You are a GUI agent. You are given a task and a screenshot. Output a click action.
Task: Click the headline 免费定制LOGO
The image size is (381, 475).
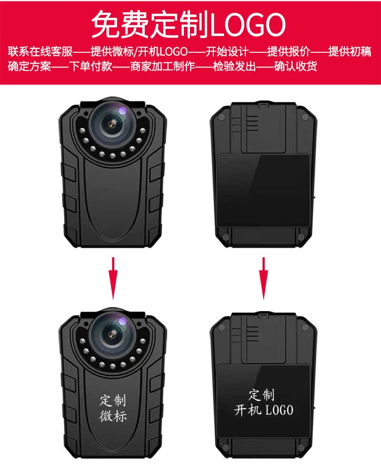[188, 24]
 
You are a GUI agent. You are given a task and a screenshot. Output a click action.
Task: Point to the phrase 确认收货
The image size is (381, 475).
[296, 66]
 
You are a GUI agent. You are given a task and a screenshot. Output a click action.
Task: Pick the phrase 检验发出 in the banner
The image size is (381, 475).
[234, 66]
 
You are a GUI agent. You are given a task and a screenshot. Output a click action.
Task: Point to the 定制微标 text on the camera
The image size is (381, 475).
[113, 408]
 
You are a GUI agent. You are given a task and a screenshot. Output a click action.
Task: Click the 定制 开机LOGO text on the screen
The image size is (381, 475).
[263, 402]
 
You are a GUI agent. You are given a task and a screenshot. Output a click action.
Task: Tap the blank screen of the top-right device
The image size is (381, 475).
[263, 191]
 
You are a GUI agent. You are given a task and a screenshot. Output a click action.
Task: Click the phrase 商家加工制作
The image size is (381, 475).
[162, 66]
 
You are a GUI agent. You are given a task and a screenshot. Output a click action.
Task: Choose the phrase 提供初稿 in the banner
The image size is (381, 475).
[350, 52]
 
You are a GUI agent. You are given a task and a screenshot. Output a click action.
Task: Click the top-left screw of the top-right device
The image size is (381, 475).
[222, 117]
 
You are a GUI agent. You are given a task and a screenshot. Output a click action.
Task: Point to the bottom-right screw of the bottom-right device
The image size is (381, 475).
[303, 447]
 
